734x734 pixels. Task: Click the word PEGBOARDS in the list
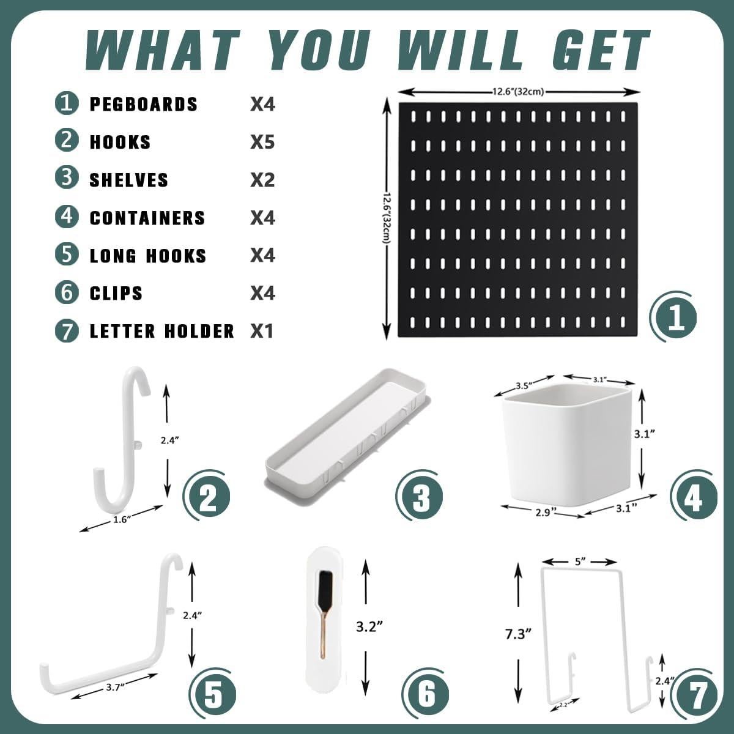(x=144, y=105)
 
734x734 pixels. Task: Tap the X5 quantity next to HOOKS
(x=262, y=143)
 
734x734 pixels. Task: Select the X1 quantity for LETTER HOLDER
(x=262, y=332)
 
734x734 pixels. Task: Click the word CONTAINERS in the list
(x=147, y=218)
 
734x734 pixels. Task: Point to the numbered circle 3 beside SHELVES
(x=67, y=179)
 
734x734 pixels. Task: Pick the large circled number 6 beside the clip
(x=426, y=694)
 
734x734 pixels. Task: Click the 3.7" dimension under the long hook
(x=113, y=687)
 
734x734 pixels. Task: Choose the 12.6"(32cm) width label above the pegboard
(x=517, y=92)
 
